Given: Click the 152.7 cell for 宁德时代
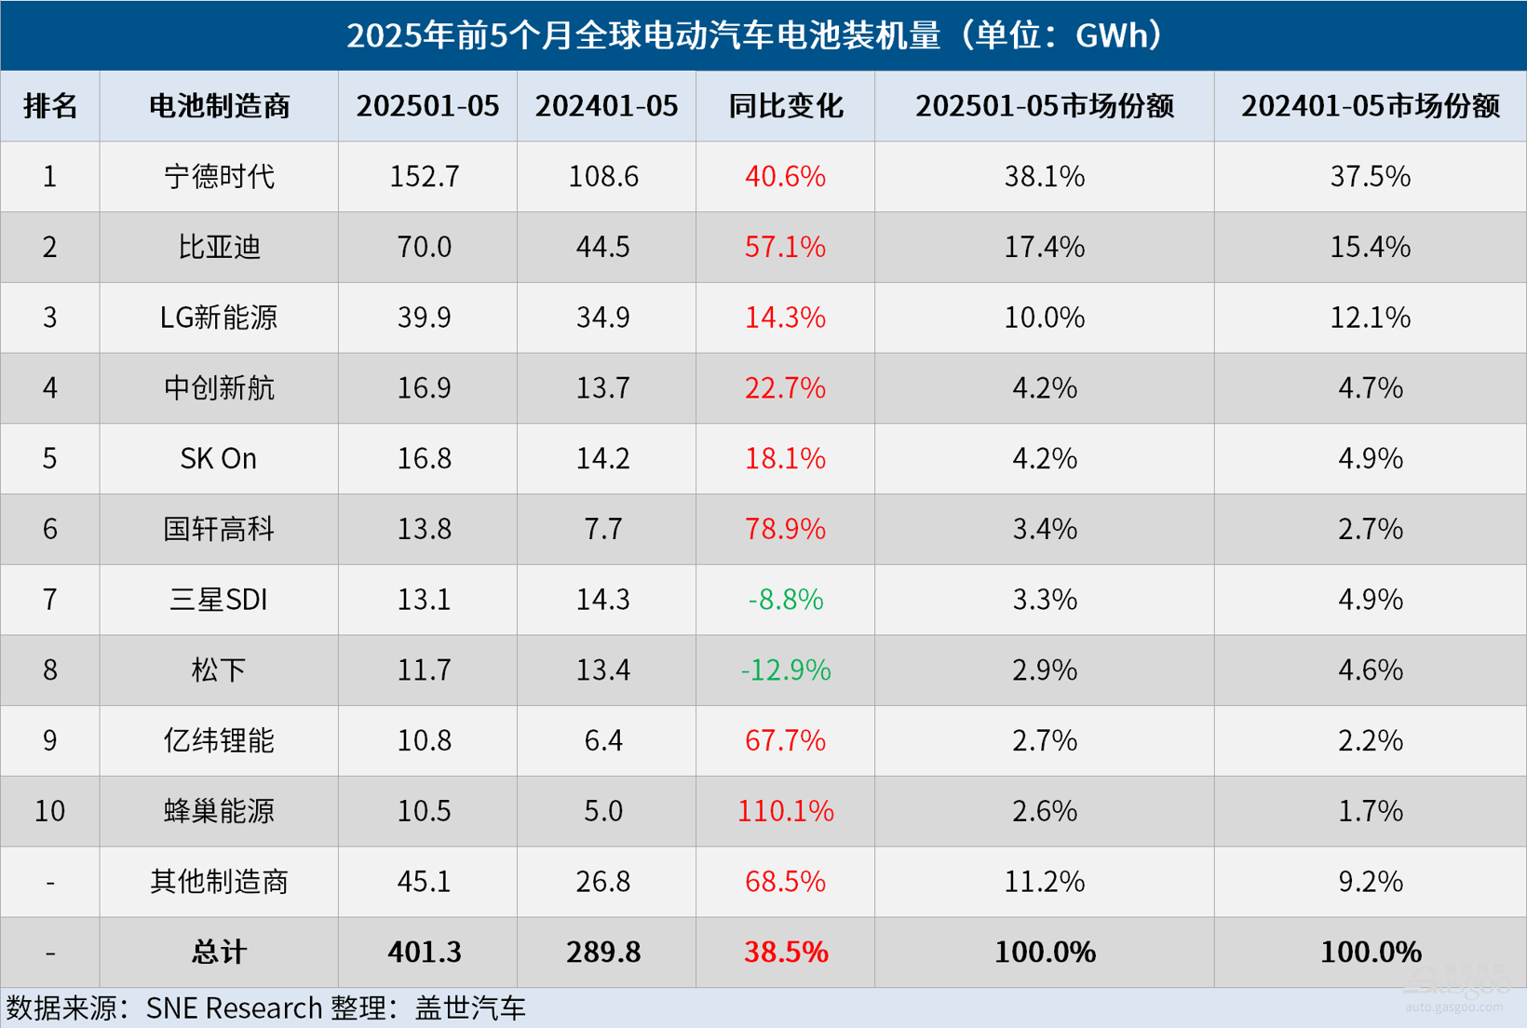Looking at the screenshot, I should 425,176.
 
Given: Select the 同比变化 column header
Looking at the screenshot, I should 785,106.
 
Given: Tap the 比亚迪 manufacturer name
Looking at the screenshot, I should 219,247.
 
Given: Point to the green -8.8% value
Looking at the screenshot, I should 785,600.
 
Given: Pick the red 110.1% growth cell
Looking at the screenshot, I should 785,811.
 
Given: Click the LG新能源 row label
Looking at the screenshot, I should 219,318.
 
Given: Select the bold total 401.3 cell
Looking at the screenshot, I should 425,952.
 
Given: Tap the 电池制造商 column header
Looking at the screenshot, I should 219,106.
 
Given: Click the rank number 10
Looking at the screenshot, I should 49,811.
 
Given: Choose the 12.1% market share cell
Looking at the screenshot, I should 1370,318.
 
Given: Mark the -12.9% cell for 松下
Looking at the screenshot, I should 785,670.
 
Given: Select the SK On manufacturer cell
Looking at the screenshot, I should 219,458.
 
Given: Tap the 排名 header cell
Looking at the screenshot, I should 49,106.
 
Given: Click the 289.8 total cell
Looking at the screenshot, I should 603,952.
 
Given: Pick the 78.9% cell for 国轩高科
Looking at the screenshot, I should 785,529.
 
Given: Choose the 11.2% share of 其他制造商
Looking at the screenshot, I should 1044,881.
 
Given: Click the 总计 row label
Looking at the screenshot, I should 219,952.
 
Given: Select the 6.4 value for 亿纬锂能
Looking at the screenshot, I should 603,740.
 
